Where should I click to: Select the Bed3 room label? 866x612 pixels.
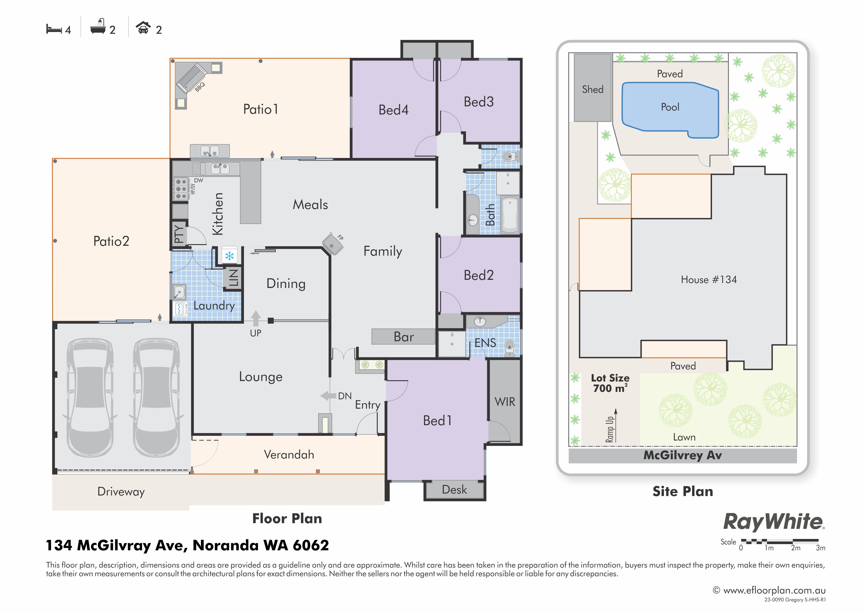pos(479,102)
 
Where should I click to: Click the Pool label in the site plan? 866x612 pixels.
pos(670,107)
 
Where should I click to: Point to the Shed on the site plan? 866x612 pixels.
pos(593,87)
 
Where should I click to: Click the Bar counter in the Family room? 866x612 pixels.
pos(403,337)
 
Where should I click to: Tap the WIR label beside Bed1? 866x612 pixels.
pos(505,402)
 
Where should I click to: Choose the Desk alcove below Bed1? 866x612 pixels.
pos(455,490)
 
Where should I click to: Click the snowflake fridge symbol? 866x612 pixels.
pos(229,256)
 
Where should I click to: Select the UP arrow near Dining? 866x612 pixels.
pos(256,318)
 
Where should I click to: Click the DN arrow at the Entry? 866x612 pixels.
pos(328,396)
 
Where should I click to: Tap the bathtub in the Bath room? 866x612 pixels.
pos(510,214)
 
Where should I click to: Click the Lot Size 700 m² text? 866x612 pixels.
pos(610,383)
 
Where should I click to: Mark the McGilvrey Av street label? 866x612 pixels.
pos(683,455)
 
